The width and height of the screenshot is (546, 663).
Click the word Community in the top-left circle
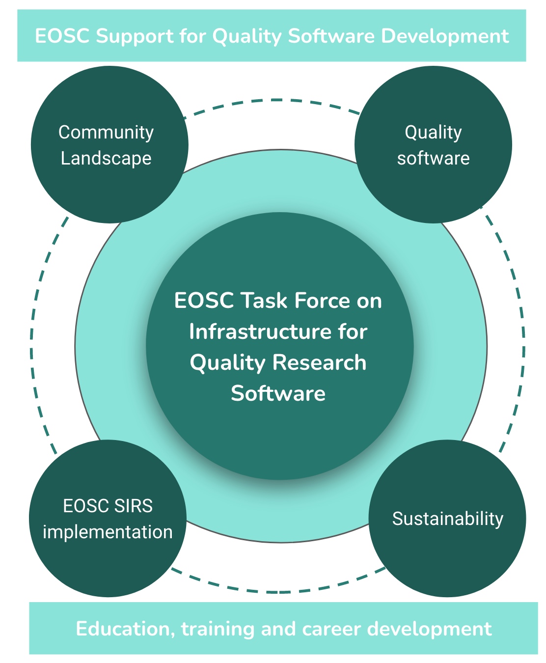[106, 133]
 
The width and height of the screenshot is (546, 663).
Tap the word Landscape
[106, 159]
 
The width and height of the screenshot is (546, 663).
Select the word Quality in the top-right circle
[433, 133]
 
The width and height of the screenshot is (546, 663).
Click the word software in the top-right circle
[433, 159]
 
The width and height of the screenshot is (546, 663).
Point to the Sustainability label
[448, 519]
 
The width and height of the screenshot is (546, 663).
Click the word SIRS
[133, 506]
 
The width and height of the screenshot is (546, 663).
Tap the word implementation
[108, 532]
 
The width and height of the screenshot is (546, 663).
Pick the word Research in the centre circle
[319, 362]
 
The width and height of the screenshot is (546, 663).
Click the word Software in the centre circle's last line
[278, 393]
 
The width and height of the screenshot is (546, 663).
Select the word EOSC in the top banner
[62, 36]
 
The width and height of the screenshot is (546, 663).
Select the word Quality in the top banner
[247, 36]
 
